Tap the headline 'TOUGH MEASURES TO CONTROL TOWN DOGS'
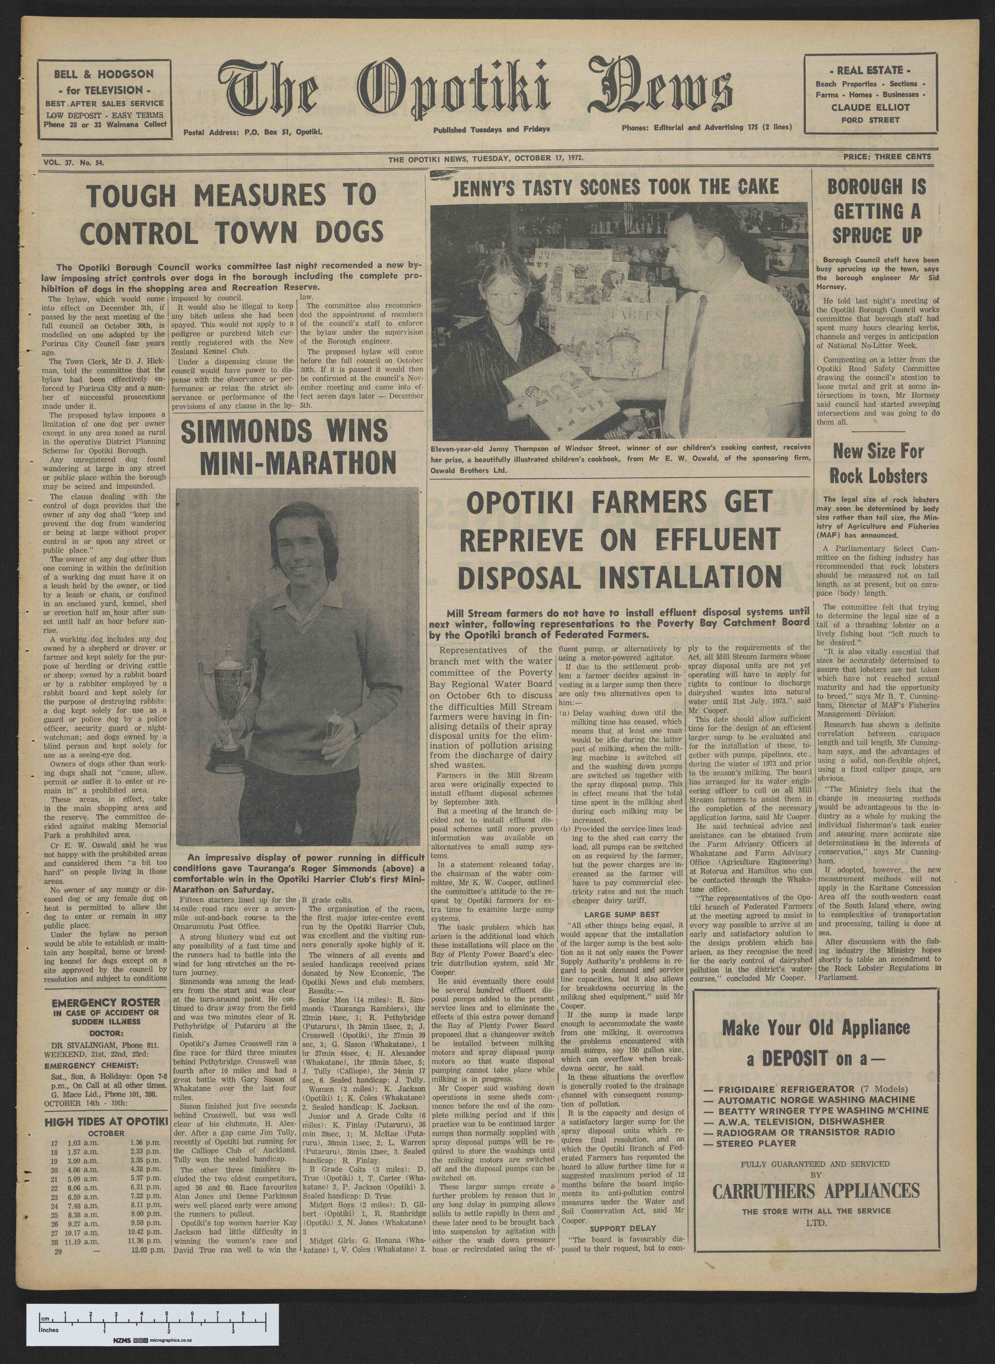point(231,214)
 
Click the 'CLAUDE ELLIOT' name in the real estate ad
point(870,107)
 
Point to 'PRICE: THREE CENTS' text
point(887,157)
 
